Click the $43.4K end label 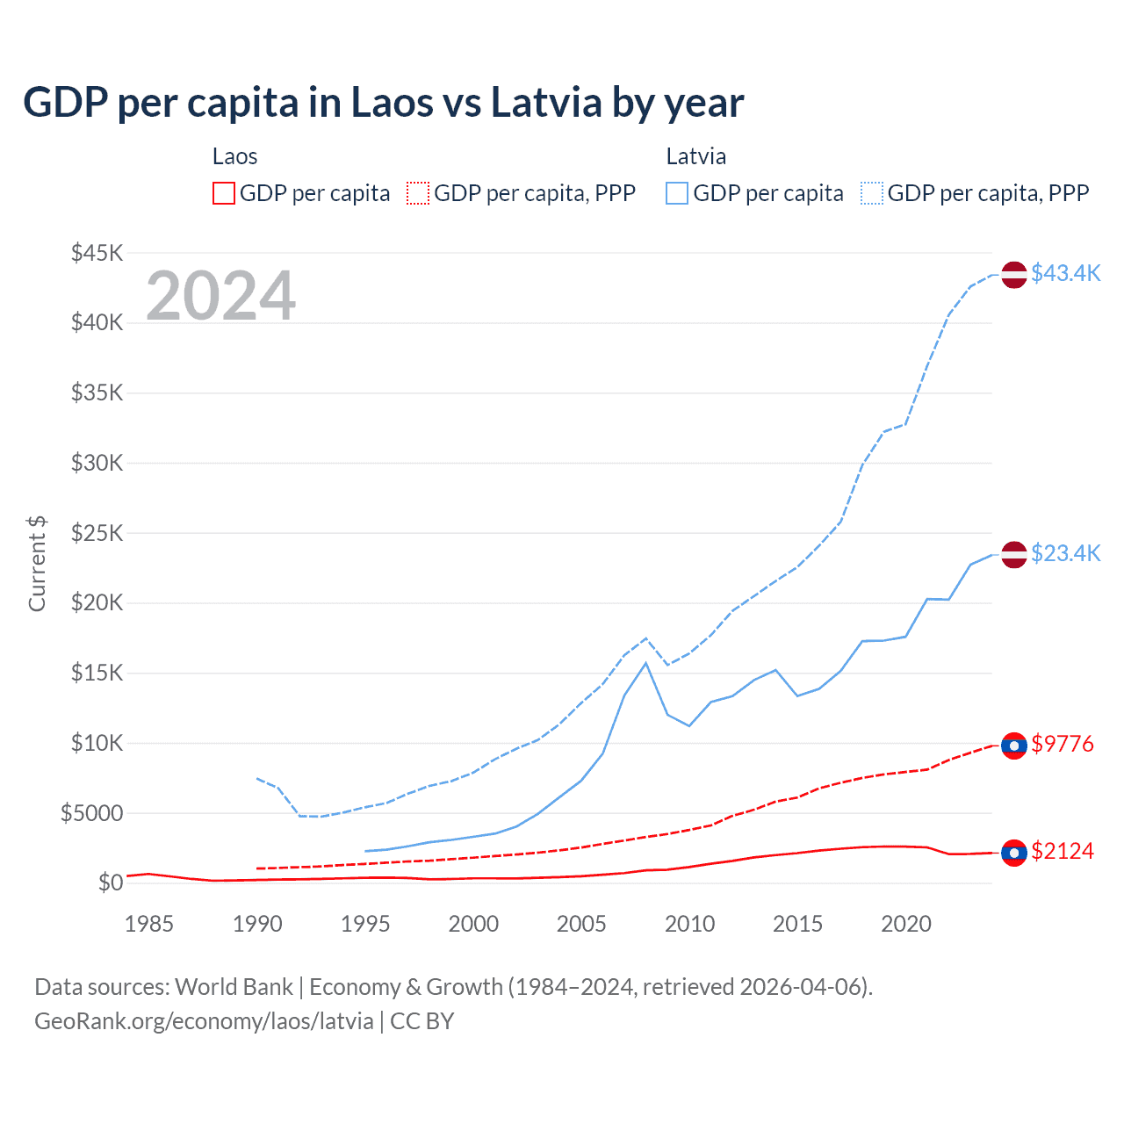(1065, 273)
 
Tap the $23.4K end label (1065, 553)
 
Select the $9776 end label (1063, 744)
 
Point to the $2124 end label (1063, 851)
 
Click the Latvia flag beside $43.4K (1014, 274)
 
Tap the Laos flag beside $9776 (1014, 746)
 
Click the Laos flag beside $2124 (1014, 853)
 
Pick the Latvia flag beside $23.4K (1014, 555)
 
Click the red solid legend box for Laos (224, 193)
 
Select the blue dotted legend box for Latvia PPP (872, 193)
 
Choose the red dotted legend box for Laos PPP (419, 193)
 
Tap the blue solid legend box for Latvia (677, 193)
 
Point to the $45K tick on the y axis (97, 253)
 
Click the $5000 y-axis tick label (92, 813)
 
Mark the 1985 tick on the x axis (148, 924)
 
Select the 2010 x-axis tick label (689, 924)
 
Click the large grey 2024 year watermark (220, 296)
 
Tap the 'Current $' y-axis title (37, 564)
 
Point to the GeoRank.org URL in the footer (204, 1021)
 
